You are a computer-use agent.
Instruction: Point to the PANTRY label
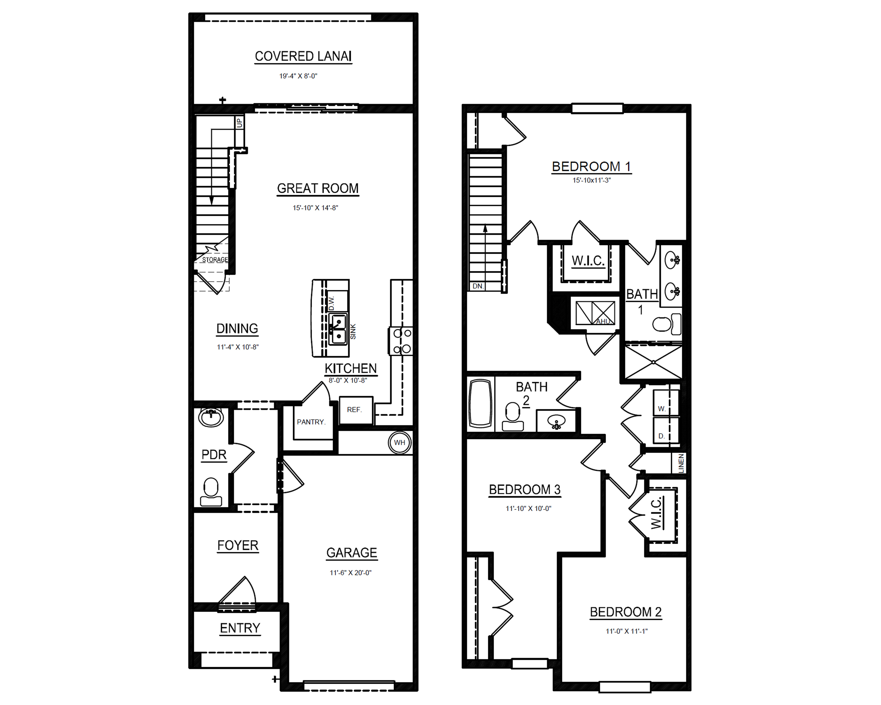coord(311,422)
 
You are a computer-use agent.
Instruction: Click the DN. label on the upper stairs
coord(478,286)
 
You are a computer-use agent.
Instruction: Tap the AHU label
coord(603,321)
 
